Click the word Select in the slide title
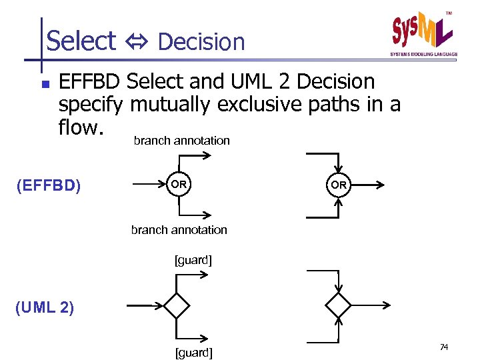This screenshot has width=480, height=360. point(81,41)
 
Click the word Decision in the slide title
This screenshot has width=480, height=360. point(201,42)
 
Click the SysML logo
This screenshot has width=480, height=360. point(421,30)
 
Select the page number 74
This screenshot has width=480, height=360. point(445,347)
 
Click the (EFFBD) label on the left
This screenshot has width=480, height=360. point(48,185)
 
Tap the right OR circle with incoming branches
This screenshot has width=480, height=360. point(339,185)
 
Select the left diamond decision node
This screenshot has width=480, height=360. point(177,306)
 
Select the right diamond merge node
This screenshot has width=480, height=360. point(338,306)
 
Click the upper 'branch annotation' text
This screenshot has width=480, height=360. point(181,141)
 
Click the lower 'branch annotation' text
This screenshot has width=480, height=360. point(179,230)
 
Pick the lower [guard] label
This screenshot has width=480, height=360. point(193,353)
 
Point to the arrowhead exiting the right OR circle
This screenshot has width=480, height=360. point(380,185)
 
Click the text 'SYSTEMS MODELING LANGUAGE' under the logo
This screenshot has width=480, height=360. point(423,54)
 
